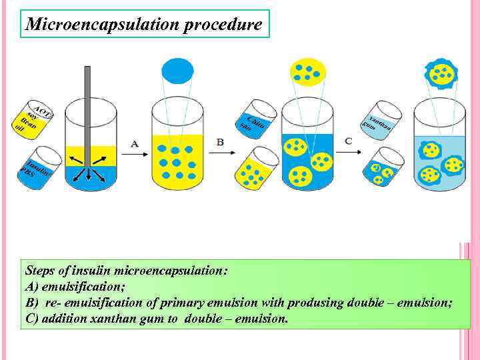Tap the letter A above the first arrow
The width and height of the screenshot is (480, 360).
coord(135,143)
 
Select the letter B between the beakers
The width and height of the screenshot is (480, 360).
coord(220,142)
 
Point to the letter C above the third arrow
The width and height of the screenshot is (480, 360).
coord(349,141)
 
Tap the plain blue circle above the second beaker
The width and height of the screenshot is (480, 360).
coord(177,70)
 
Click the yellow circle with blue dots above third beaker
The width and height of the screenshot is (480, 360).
coord(308,72)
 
